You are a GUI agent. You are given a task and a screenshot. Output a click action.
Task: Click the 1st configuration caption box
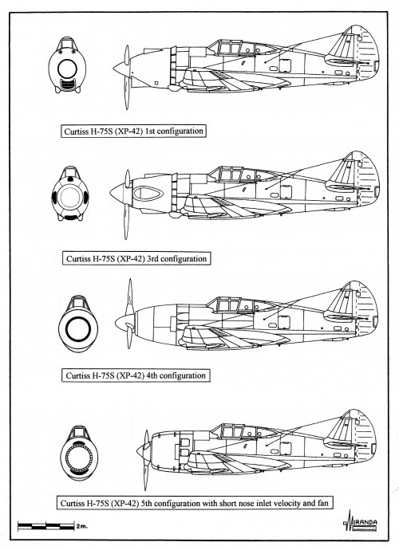(133, 132)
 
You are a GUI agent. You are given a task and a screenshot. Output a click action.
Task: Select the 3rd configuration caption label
(136, 259)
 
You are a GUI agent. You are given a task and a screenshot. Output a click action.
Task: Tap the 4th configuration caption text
(136, 375)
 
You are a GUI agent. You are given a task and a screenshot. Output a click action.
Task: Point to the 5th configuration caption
(194, 503)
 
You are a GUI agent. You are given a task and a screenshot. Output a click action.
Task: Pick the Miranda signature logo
(360, 521)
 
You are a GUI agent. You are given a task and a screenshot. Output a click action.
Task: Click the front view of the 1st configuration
(67, 65)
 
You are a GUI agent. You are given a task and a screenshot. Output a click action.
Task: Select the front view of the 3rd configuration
(70, 194)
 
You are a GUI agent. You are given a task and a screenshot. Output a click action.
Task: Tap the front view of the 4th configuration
(78, 324)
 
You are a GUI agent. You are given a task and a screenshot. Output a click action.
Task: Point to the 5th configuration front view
(79, 454)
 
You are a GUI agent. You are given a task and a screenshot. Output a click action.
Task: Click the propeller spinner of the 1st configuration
(121, 69)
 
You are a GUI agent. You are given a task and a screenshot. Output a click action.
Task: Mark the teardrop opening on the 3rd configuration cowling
(148, 193)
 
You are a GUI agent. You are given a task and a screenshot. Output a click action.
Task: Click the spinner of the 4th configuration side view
(124, 323)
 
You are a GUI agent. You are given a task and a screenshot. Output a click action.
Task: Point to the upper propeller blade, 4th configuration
(130, 297)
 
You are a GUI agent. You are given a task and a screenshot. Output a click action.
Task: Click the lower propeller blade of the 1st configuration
(127, 92)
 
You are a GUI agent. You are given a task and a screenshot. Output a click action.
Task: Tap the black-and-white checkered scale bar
(46, 526)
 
